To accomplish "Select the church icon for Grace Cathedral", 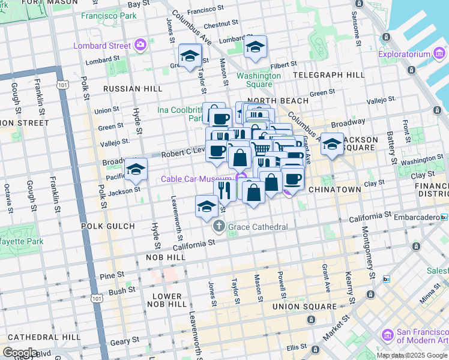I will tap(218, 227).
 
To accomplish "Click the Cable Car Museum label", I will tap(196, 179).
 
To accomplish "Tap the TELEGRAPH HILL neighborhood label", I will tap(328, 75).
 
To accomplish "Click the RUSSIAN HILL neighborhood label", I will tap(133, 88).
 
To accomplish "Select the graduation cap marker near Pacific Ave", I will tap(136, 169).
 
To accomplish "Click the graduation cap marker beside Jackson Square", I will tap(332, 145).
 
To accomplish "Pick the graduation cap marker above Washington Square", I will tap(256, 49).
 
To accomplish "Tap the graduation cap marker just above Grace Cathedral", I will tap(206, 207).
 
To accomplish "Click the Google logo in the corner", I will tap(19, 353).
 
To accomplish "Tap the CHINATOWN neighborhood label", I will tap(334, 189).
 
